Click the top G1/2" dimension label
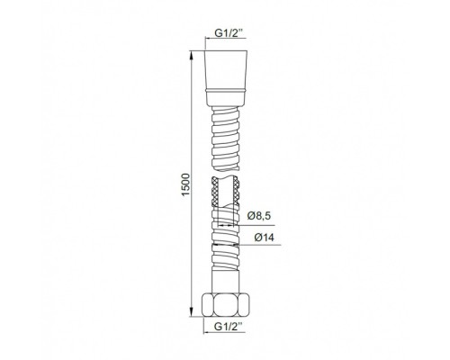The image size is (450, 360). pos(226,33)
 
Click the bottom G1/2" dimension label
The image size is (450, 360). pos(226,327)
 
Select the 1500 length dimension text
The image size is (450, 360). pos(185,184)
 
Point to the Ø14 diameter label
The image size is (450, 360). pos(264,238)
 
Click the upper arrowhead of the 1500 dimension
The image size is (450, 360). pos(192,55)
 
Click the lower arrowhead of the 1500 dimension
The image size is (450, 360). pos(192,311)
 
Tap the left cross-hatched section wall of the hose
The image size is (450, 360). pos(215,192)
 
